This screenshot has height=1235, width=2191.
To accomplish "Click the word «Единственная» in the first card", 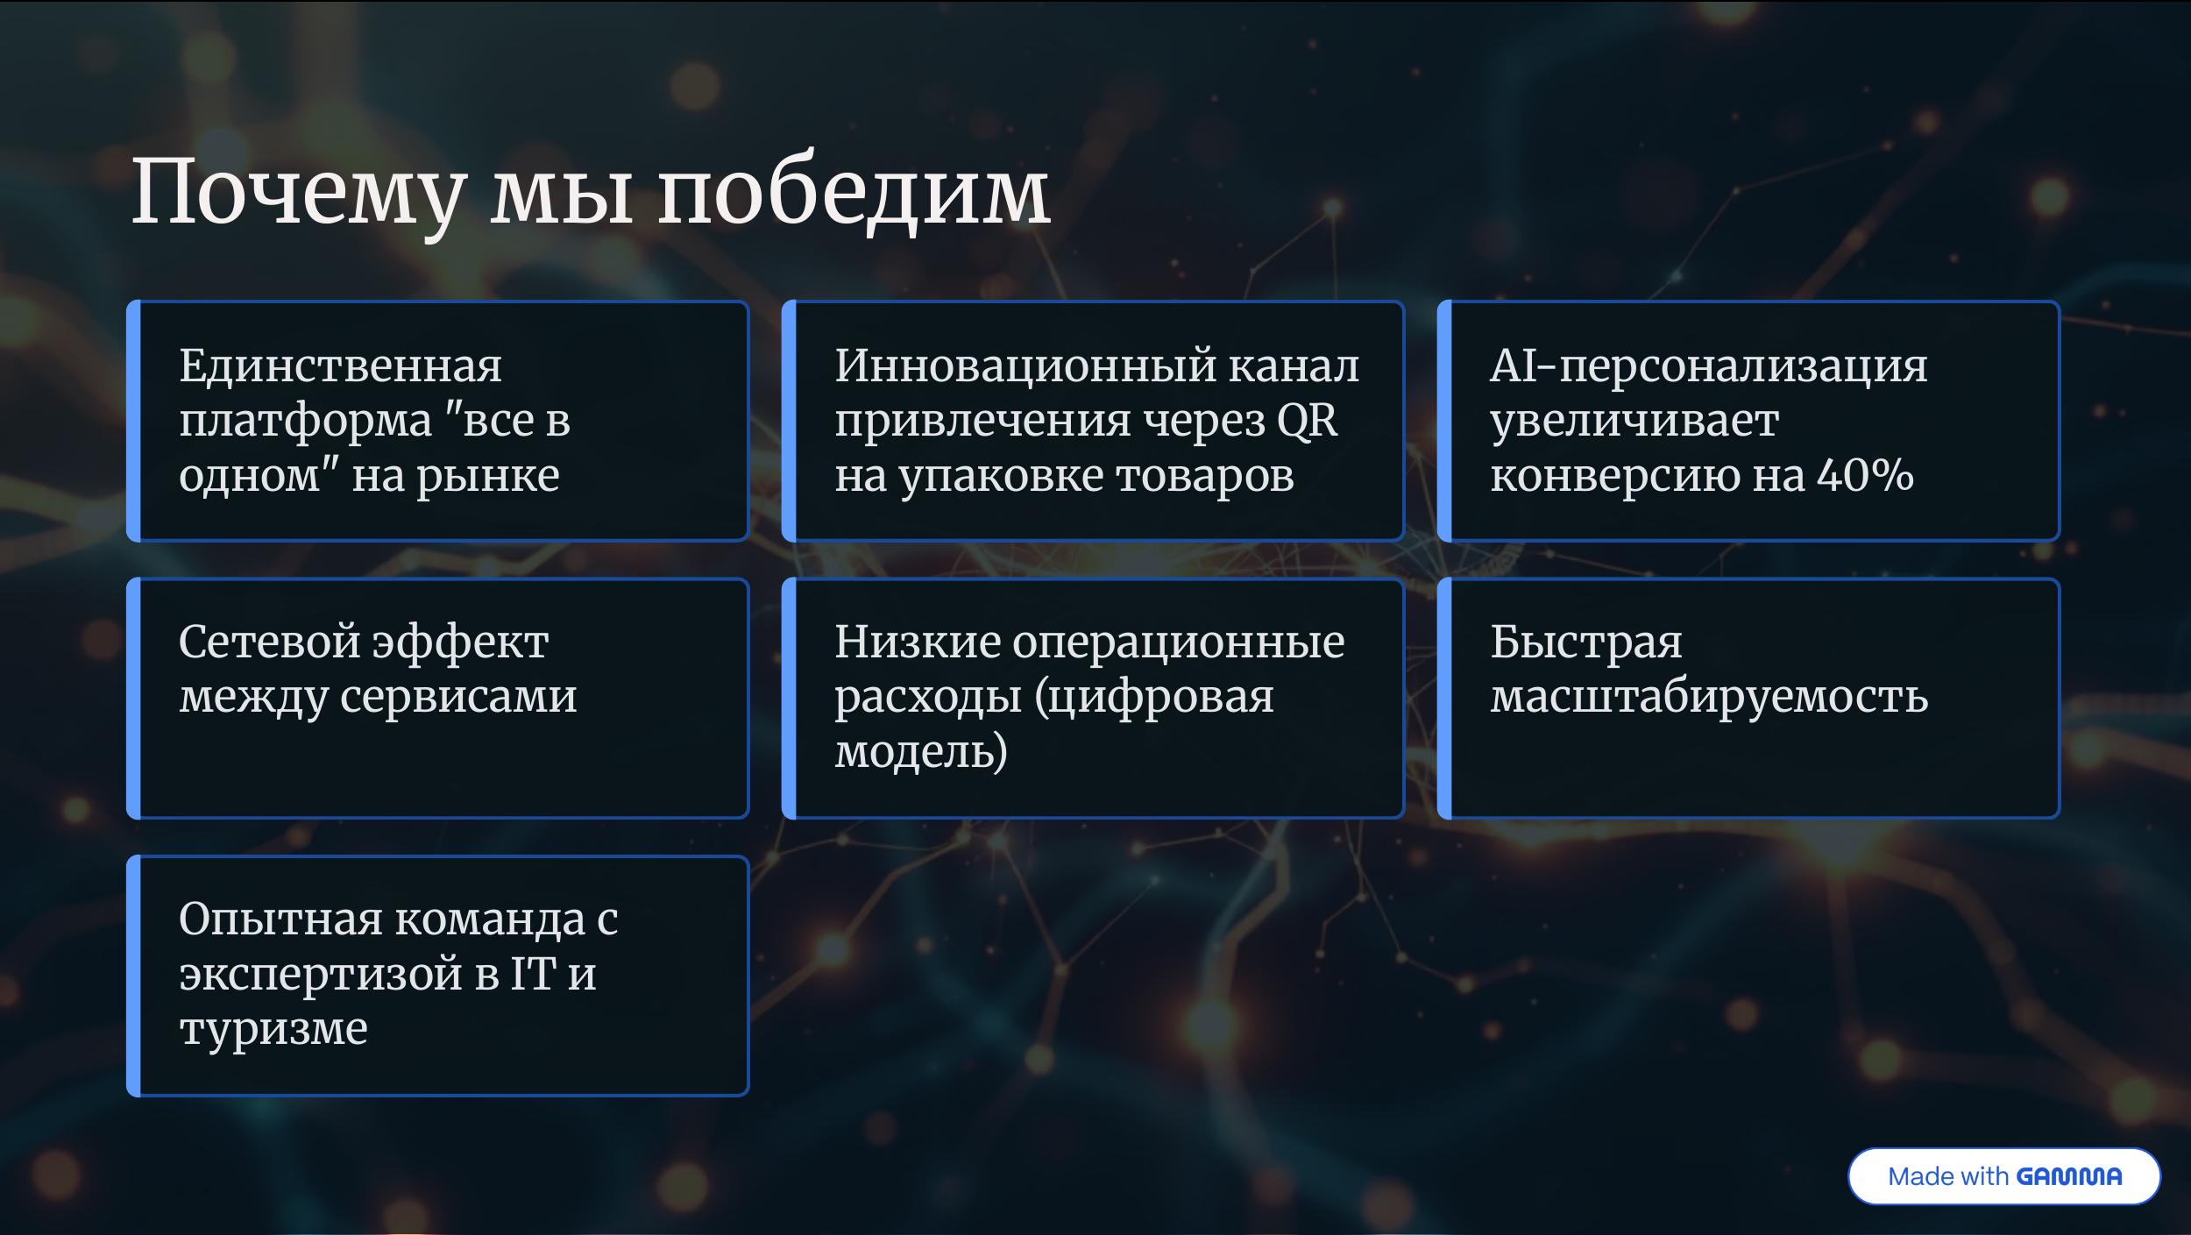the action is coord(341,366).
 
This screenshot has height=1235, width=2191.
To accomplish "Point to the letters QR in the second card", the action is coord(1307,422).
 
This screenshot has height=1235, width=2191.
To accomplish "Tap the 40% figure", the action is coord(1865,475).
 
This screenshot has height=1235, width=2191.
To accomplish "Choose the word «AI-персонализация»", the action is coord(1709,367).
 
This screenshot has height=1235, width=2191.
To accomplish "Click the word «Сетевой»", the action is coord(268,642).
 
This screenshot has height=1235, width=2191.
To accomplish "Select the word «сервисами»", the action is coord(458,699).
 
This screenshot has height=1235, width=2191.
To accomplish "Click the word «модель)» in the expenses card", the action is coord(921,752).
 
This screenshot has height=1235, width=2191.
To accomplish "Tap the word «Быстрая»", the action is coord(1586,642).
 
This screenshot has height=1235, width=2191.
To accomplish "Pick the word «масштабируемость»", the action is coord(1709,699).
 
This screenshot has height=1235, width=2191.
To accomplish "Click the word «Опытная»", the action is coord(280,919).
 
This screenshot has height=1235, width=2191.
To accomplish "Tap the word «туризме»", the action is coord(273,1029).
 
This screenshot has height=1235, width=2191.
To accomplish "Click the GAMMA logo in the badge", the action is coord(2069,1176).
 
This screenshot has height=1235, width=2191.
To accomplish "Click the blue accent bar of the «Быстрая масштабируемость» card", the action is coord(1445,698).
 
